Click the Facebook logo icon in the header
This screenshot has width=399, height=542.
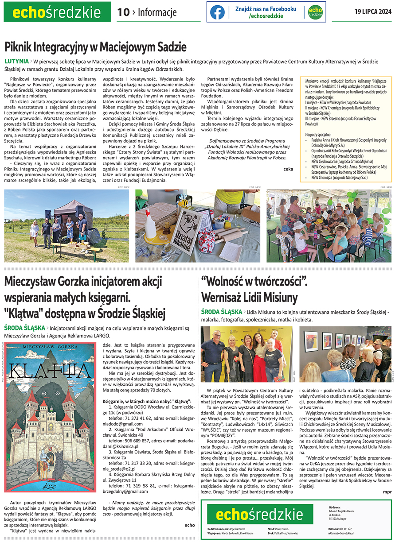tap(217, 12)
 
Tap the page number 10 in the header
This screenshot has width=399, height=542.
tap(123, 12)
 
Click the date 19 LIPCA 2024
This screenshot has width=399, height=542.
tap(373, 12)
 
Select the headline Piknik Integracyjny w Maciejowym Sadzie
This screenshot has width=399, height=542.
tap(95, 47)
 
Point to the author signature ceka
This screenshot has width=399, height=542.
tap(288, 169)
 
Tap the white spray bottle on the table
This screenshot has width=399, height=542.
tap(150, 224)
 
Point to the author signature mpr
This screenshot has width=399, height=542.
tap(387, 492)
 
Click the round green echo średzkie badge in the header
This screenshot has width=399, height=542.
tap(315, 12)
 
